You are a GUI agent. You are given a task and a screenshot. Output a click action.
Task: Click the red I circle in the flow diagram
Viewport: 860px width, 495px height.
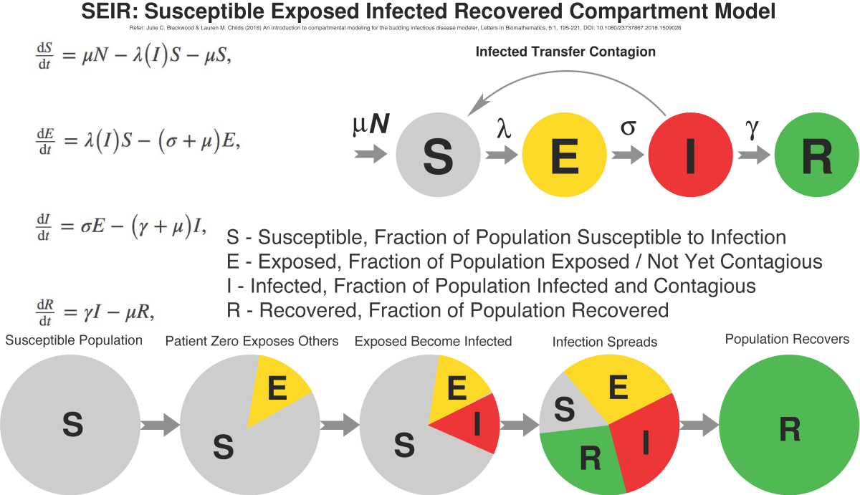[x=689, y=155]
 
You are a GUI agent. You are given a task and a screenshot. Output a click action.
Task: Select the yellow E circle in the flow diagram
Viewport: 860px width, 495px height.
[x=563, y=155]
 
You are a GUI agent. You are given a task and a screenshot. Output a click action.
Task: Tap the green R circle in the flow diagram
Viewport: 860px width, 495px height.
[x=816, y=155]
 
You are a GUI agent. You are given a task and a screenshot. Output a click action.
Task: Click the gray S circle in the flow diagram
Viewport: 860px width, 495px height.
[x=437, y=155]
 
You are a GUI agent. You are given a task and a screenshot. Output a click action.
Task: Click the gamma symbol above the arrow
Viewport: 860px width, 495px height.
[x=752, y=128]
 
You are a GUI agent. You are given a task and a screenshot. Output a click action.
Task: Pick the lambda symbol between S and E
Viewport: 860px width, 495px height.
[x=505, y=129]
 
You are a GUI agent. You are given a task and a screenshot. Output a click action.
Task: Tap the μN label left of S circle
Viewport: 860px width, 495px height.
[x=371, y=126]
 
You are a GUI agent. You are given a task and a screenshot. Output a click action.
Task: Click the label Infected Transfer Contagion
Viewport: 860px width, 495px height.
[x=565, y=52]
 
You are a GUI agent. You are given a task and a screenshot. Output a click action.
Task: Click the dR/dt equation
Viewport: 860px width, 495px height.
[x=96, y=312]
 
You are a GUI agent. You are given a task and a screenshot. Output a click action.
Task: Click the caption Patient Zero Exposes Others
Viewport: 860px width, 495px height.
[x=252, y=341]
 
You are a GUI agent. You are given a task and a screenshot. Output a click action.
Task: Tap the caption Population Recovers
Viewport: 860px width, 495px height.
[x=787, y=338]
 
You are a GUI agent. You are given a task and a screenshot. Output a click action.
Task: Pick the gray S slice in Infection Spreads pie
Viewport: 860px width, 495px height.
[x=563, y=411]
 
